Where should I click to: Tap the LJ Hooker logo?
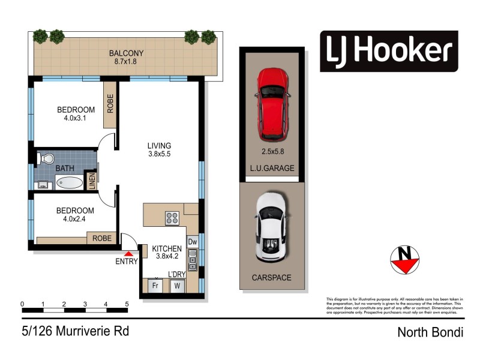389,51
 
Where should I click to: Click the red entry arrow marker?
128,254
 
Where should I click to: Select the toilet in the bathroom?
46,159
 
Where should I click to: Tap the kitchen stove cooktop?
172,218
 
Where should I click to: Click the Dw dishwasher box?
193,242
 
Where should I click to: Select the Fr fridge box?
155,286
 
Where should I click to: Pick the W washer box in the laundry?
178,286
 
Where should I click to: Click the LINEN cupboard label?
92,181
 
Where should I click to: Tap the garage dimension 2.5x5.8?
273,152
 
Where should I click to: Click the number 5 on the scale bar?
127,304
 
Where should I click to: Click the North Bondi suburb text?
430,332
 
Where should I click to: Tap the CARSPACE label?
272,278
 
